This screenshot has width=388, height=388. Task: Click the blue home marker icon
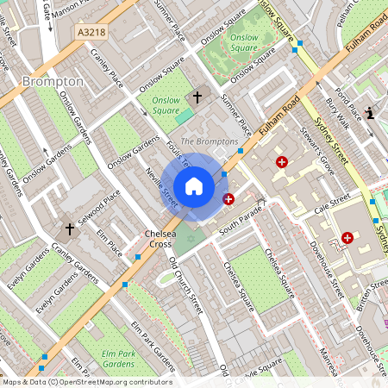(x=194, y=186)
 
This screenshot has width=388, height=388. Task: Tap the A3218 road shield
(x=91, y=32)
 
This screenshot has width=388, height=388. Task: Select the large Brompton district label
(x=53, y=82)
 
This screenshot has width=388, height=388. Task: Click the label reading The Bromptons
(x=209, y=141)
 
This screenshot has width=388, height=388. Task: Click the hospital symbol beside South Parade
(x=228, y=199)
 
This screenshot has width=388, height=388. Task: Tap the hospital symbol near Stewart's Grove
(x=281, y=161)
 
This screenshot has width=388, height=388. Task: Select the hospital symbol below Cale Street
(x=347, y=237)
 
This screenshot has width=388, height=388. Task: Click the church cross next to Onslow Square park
(x=197, y=98)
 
